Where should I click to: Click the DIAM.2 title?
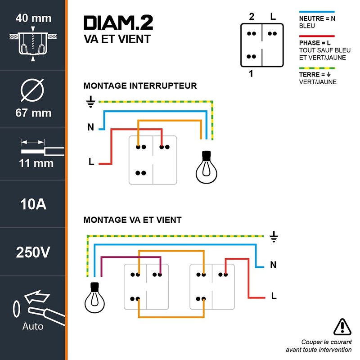[118, 23]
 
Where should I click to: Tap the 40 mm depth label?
[33, 18]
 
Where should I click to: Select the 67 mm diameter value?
[33, 112]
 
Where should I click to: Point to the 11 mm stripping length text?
[36, 163]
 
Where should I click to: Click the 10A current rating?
[33, 204]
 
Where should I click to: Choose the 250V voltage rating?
[33, 252]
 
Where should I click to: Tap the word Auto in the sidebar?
[33, 326]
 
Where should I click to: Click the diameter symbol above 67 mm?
[33, 90]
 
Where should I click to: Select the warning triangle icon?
[342, 325]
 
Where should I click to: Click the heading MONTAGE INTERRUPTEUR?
[140, 85]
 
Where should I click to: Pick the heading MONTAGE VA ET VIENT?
[133, 220]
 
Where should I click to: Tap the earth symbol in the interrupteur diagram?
[90, 103]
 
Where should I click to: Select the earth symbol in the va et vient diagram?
[274, 236]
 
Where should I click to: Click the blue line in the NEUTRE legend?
[317, 12]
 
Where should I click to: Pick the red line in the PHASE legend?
[317, 36]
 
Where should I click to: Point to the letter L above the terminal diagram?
[273, 17]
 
